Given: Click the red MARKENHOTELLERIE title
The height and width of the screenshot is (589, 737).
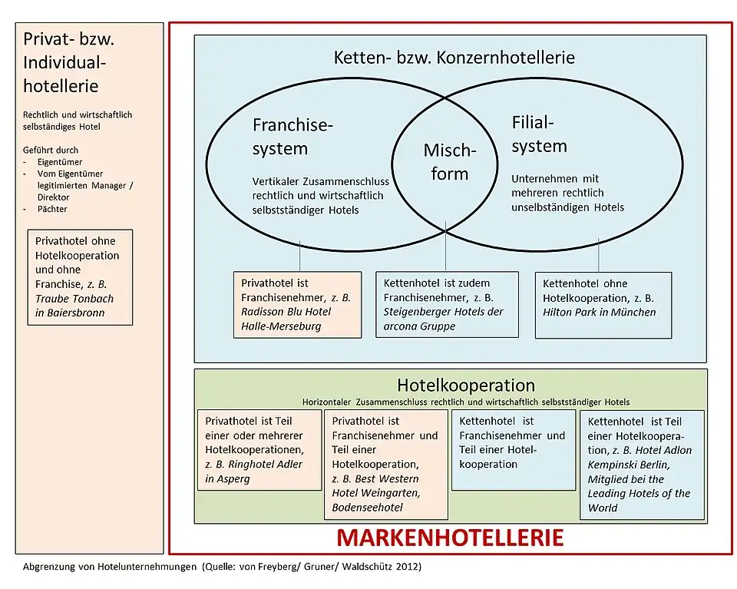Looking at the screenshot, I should [449, 538].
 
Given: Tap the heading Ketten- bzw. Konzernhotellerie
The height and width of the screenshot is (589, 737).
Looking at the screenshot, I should [454, 58].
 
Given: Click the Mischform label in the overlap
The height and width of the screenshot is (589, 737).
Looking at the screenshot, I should [449, 161].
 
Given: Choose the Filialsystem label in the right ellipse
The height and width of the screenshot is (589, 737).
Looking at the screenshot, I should [539, 134].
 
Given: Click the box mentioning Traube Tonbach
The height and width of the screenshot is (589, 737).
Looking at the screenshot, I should [79, 276].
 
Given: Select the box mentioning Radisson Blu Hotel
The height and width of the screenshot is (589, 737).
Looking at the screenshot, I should [296, 304].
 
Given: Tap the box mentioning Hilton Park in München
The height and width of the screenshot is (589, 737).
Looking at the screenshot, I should [603, 304].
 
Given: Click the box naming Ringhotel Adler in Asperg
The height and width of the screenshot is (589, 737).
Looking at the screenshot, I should [259, 449].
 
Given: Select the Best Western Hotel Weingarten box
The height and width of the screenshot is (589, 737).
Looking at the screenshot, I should [385, 464].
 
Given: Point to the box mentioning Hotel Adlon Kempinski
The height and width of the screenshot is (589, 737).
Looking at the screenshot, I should [642, 464].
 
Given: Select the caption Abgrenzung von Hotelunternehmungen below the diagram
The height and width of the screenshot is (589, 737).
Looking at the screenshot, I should [223, 567].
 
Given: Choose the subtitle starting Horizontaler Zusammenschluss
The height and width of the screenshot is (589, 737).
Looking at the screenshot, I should [464, 402].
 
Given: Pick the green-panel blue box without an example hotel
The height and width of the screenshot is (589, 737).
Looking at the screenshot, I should [513, 449].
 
